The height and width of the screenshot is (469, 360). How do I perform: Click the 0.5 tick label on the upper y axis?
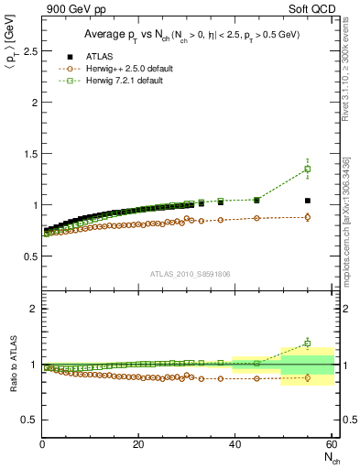coord(29,256)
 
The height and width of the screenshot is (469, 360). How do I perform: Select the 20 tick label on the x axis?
coord(138,446)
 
